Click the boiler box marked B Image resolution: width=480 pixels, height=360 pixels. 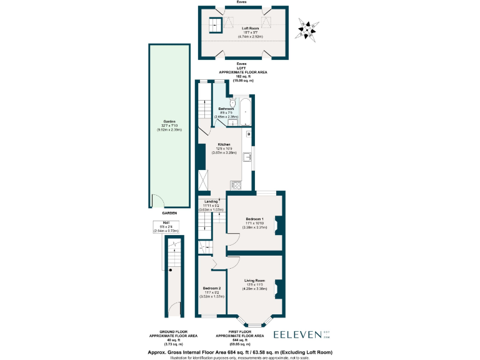(248, 134)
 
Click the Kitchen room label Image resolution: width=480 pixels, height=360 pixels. (224, 144)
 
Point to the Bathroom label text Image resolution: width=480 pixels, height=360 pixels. (226, 109)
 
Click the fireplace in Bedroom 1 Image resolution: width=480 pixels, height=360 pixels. (280, 225)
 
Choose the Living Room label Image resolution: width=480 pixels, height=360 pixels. (254, 281)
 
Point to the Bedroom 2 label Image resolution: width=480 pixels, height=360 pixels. (211, 288)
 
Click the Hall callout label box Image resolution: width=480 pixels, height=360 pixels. (166, 228)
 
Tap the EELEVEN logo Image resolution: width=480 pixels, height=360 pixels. (299, 335)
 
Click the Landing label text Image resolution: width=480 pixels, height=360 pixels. (211, 201)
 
